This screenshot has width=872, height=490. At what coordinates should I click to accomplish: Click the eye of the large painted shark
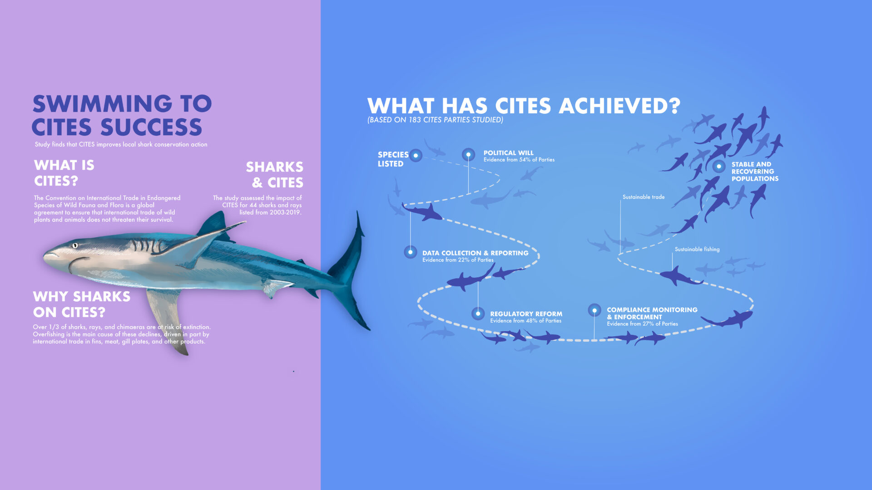click(x=75, y=245)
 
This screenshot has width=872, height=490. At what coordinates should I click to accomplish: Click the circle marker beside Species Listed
click(x=416, y=156)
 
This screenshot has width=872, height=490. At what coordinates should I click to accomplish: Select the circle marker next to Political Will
click(x=468, y=155)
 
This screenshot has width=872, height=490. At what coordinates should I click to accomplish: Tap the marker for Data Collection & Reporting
click(x=411, y=252)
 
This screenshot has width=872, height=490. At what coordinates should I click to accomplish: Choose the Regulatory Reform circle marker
click(x=478, y=314)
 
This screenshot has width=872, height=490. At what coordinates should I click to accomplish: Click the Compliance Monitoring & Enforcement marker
click(x=595, y=310)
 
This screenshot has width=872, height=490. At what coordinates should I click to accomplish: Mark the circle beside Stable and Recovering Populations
click(x=719, y=167)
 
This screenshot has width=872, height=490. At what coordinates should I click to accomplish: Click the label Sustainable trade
click(x=644, y=197)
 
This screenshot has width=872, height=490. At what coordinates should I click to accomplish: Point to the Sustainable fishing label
click(x=697, y=249)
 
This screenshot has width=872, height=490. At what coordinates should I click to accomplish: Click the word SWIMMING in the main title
click(x=103, y=103)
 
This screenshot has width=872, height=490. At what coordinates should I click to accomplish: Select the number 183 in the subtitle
click(x=415, y=120)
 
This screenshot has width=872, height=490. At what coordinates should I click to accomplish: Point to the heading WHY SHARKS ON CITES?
click(x=82, y=304)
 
